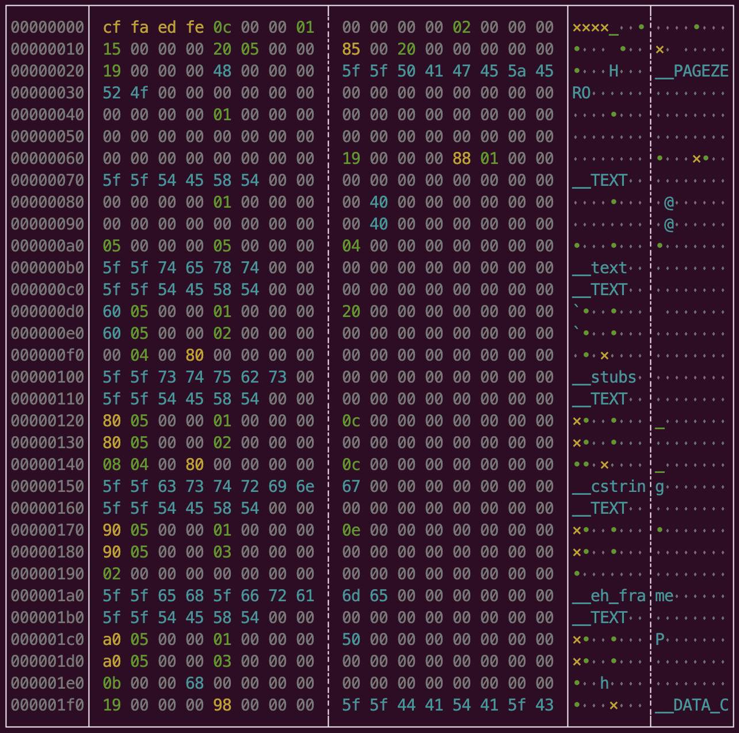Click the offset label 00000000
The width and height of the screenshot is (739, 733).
(47, 27)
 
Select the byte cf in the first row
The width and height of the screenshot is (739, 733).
(112, 27)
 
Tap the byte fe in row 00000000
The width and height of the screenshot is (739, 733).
(195, 27)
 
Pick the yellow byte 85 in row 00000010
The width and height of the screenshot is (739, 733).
(351, 49)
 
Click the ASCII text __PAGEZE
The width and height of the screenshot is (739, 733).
(692, 71)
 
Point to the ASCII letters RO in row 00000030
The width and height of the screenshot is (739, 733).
(581, 93)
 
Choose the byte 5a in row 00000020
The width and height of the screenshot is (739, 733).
(517, 71)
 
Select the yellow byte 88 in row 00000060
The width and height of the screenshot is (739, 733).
(462, 158)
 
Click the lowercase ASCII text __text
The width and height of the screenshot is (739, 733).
(600, 268)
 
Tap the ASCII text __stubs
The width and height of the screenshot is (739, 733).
(604, 377)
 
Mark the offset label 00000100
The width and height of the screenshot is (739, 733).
(47, 377)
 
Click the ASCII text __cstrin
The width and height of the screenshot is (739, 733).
(609, 486)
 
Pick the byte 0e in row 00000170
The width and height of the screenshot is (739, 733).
(351, 530)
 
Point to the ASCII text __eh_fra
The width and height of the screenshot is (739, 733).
(609, 595)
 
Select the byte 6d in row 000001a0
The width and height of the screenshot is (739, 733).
(351, 595)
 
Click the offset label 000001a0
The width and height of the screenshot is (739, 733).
(47, 595)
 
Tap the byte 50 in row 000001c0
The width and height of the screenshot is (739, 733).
(351, 639)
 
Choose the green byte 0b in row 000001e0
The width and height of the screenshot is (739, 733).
(112, 683)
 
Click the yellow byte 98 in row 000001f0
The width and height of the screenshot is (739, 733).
(222, 705)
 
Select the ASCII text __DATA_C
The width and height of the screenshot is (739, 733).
(692, 705)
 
